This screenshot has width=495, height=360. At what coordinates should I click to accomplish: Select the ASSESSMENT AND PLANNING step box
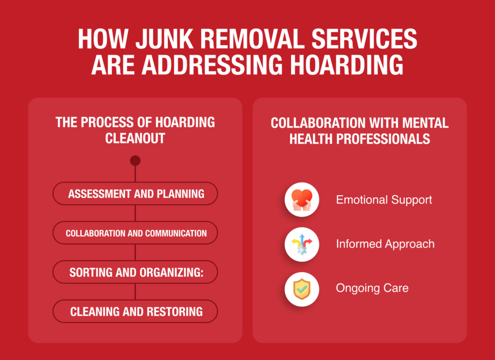(135, 194)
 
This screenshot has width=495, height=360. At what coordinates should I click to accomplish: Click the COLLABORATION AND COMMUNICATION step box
(135, 233)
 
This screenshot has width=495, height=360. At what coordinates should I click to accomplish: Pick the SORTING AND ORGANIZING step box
(135, 272)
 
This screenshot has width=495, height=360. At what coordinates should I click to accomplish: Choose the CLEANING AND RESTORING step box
(135, 311)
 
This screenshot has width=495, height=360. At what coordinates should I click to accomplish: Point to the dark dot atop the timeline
(135, 160)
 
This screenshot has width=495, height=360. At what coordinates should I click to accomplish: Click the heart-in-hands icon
(302, 200)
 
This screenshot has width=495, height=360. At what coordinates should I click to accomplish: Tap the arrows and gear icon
(302, 244)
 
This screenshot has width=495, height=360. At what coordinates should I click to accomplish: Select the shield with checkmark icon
(302, 288)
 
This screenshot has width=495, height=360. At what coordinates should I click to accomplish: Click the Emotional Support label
(384, 200)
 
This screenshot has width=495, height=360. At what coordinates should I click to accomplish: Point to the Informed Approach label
(385, 244)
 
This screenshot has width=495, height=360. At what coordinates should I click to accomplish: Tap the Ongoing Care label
(372, 288)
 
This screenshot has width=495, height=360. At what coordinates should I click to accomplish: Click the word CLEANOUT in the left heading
(135, 138)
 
